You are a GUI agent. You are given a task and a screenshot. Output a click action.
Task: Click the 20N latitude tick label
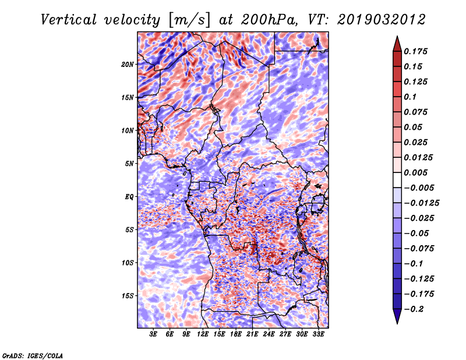click(x=128, y=65)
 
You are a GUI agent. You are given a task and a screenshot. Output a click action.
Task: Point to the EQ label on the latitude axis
click(x=129, y=197)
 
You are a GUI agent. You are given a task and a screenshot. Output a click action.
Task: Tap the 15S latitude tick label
click(x=128, y=296)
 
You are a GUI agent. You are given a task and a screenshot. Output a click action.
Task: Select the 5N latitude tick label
click(x=129, y=164)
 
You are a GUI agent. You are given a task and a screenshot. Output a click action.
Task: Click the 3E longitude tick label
click(x=153, y=334)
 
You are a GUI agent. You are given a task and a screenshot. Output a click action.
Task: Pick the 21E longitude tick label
click(x=252, y=334)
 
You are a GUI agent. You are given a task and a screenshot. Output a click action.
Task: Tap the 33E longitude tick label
click(x=318, y=334)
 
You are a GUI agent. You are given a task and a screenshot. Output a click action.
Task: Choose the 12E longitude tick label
click(x=203, y=334)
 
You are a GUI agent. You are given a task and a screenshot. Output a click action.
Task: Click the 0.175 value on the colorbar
click(x=415, y=51)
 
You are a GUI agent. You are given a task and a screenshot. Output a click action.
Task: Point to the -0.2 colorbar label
click(x=414, y=309)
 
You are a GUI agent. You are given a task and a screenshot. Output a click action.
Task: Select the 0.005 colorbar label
click(x=415, y=172)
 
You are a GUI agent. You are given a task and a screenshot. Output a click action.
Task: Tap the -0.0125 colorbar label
click(x=421, y=203)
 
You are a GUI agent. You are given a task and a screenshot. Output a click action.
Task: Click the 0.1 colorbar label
click(x=410, y=97)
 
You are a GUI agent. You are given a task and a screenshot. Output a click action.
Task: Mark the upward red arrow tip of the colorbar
click(x=397, y=37)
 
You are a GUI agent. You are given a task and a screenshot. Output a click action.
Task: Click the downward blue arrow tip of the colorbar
click(x=397, y=323)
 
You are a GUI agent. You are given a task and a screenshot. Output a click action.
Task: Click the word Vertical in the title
click(x=68, y=20)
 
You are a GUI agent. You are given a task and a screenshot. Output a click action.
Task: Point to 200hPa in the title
click(x=269, y=20)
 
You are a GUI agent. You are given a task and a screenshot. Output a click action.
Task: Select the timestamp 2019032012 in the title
click(x=382, y=20)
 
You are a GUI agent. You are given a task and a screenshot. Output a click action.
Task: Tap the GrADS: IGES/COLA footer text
click(x=33, y=355)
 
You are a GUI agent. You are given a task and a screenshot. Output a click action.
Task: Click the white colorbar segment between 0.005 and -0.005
click(x=397, y=180)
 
